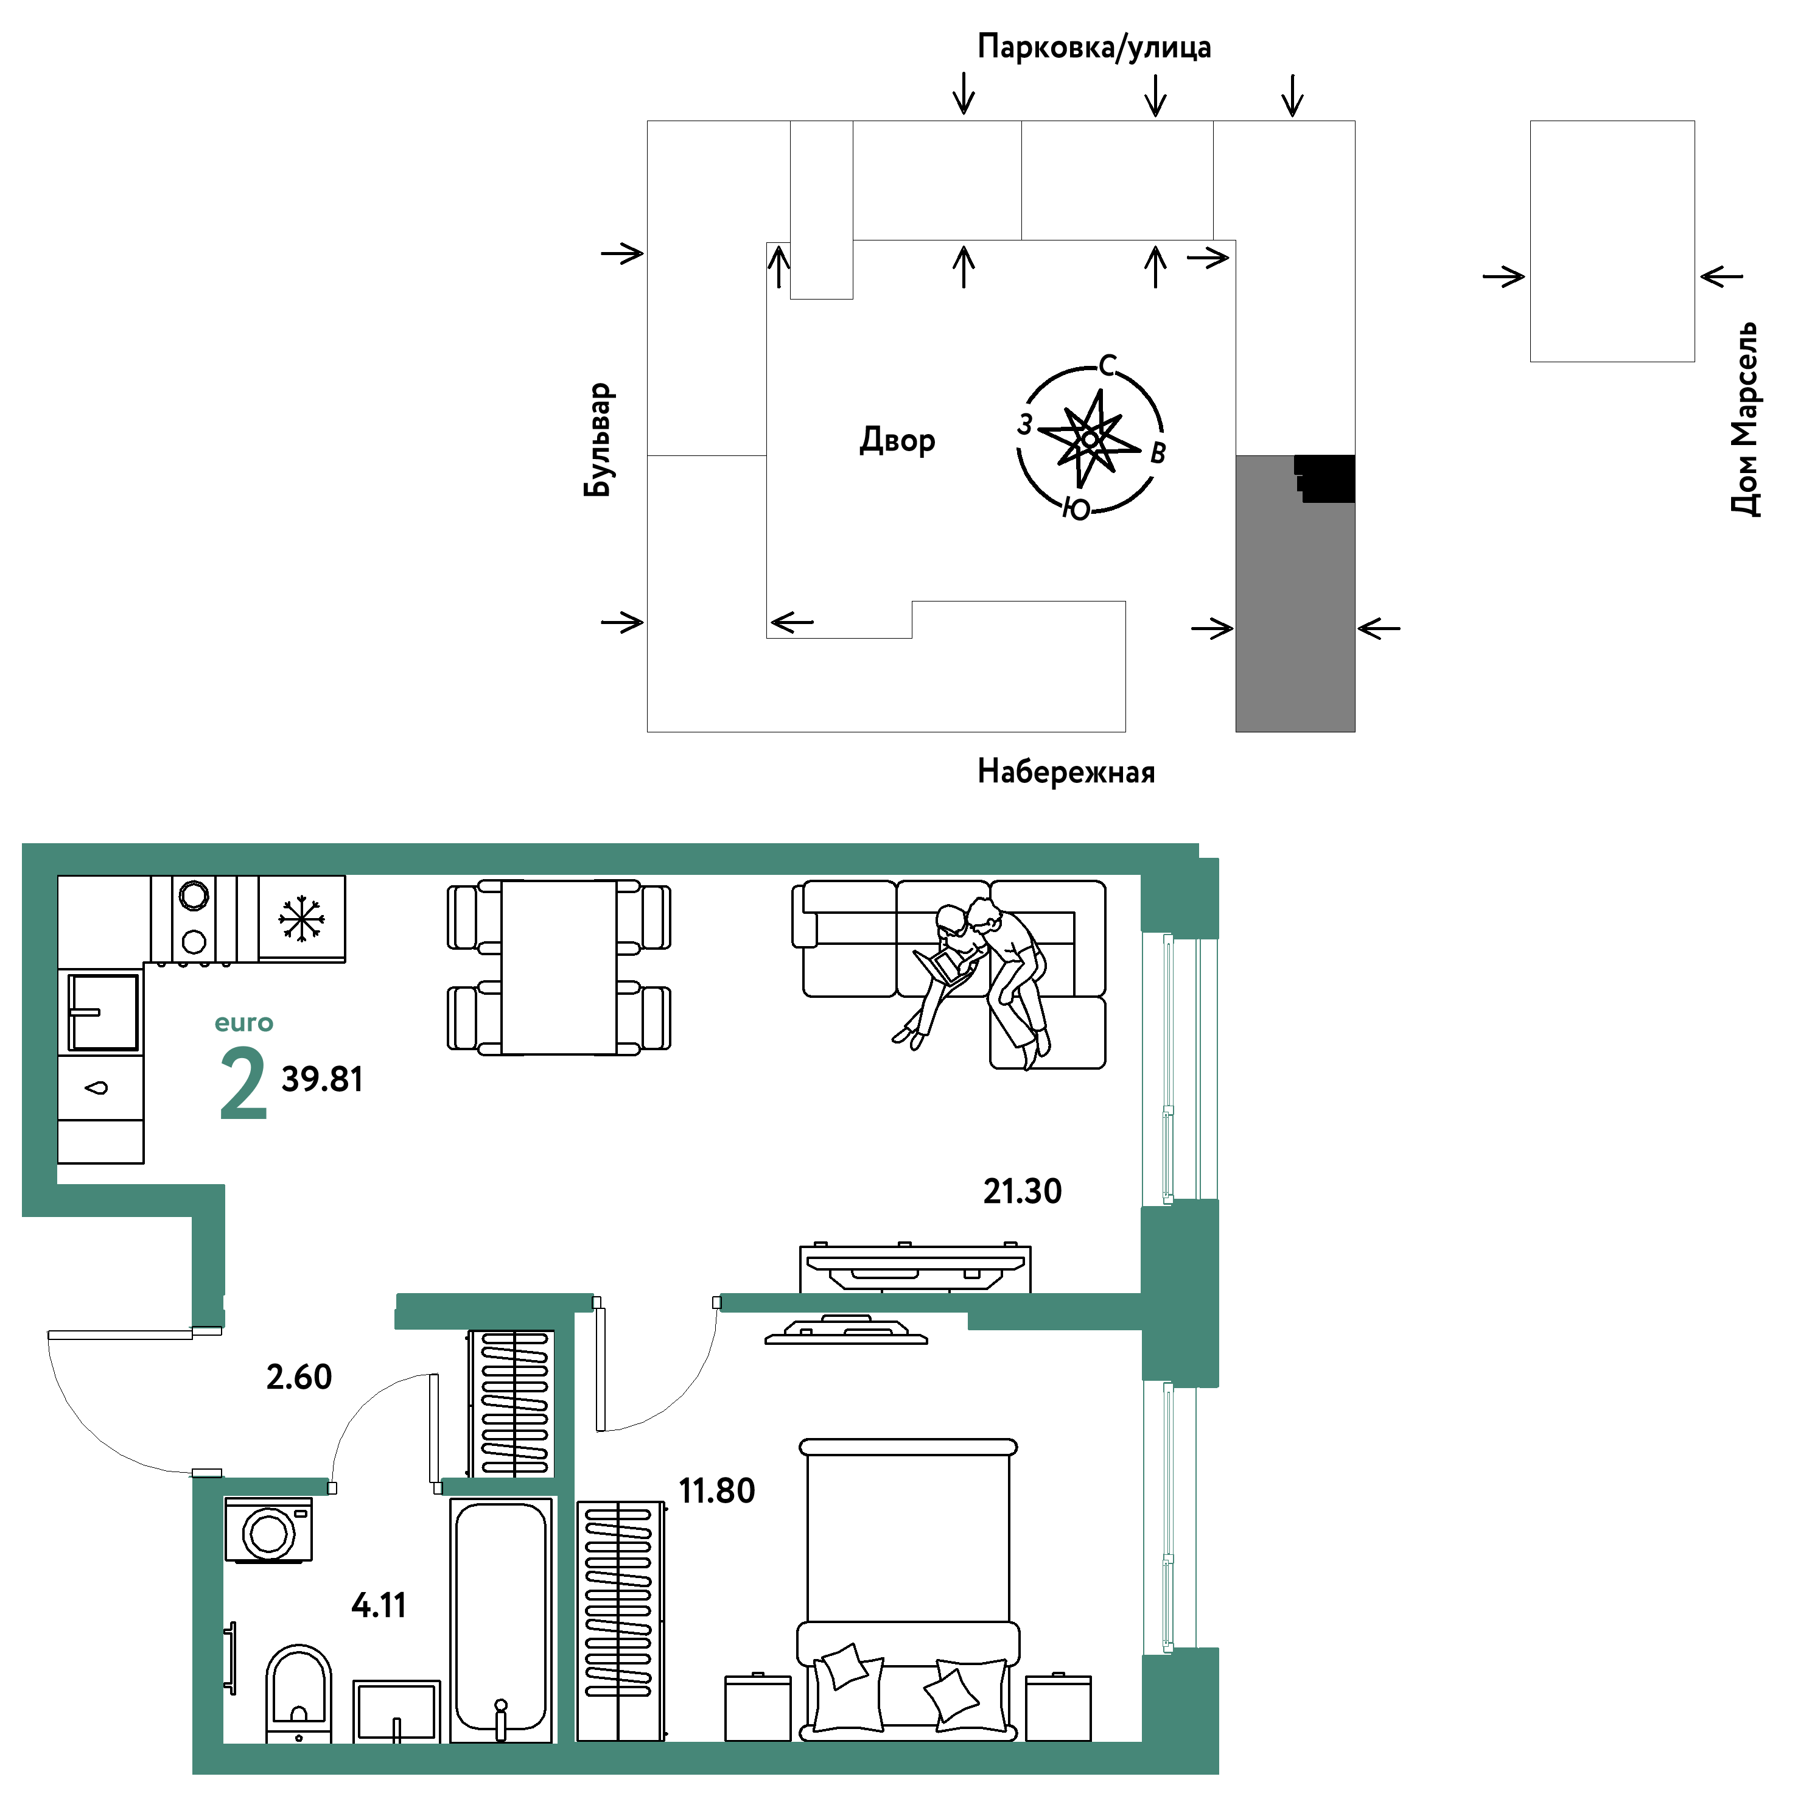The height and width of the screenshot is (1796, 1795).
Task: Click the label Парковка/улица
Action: [1094, 46]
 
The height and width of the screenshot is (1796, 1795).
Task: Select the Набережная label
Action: [1066, 771]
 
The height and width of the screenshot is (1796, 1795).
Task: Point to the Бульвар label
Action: [599, 440]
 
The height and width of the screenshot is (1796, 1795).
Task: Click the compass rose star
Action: [1088, 437]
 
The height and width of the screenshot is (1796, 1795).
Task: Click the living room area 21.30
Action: [1023, 1191]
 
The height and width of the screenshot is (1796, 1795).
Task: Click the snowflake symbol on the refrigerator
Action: [301, 919]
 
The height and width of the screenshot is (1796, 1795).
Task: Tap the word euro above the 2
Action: [243, 1023]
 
